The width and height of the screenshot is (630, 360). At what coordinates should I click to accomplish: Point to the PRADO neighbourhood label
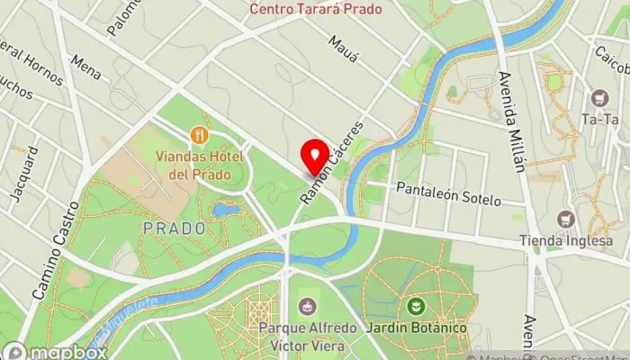174,229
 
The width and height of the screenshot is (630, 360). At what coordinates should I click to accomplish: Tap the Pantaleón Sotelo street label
447,193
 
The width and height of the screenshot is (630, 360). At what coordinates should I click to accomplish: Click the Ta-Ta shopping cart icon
598,98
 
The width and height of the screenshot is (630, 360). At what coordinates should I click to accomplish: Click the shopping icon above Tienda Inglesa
566,219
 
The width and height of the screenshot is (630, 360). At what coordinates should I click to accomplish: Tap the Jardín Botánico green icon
417,306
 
